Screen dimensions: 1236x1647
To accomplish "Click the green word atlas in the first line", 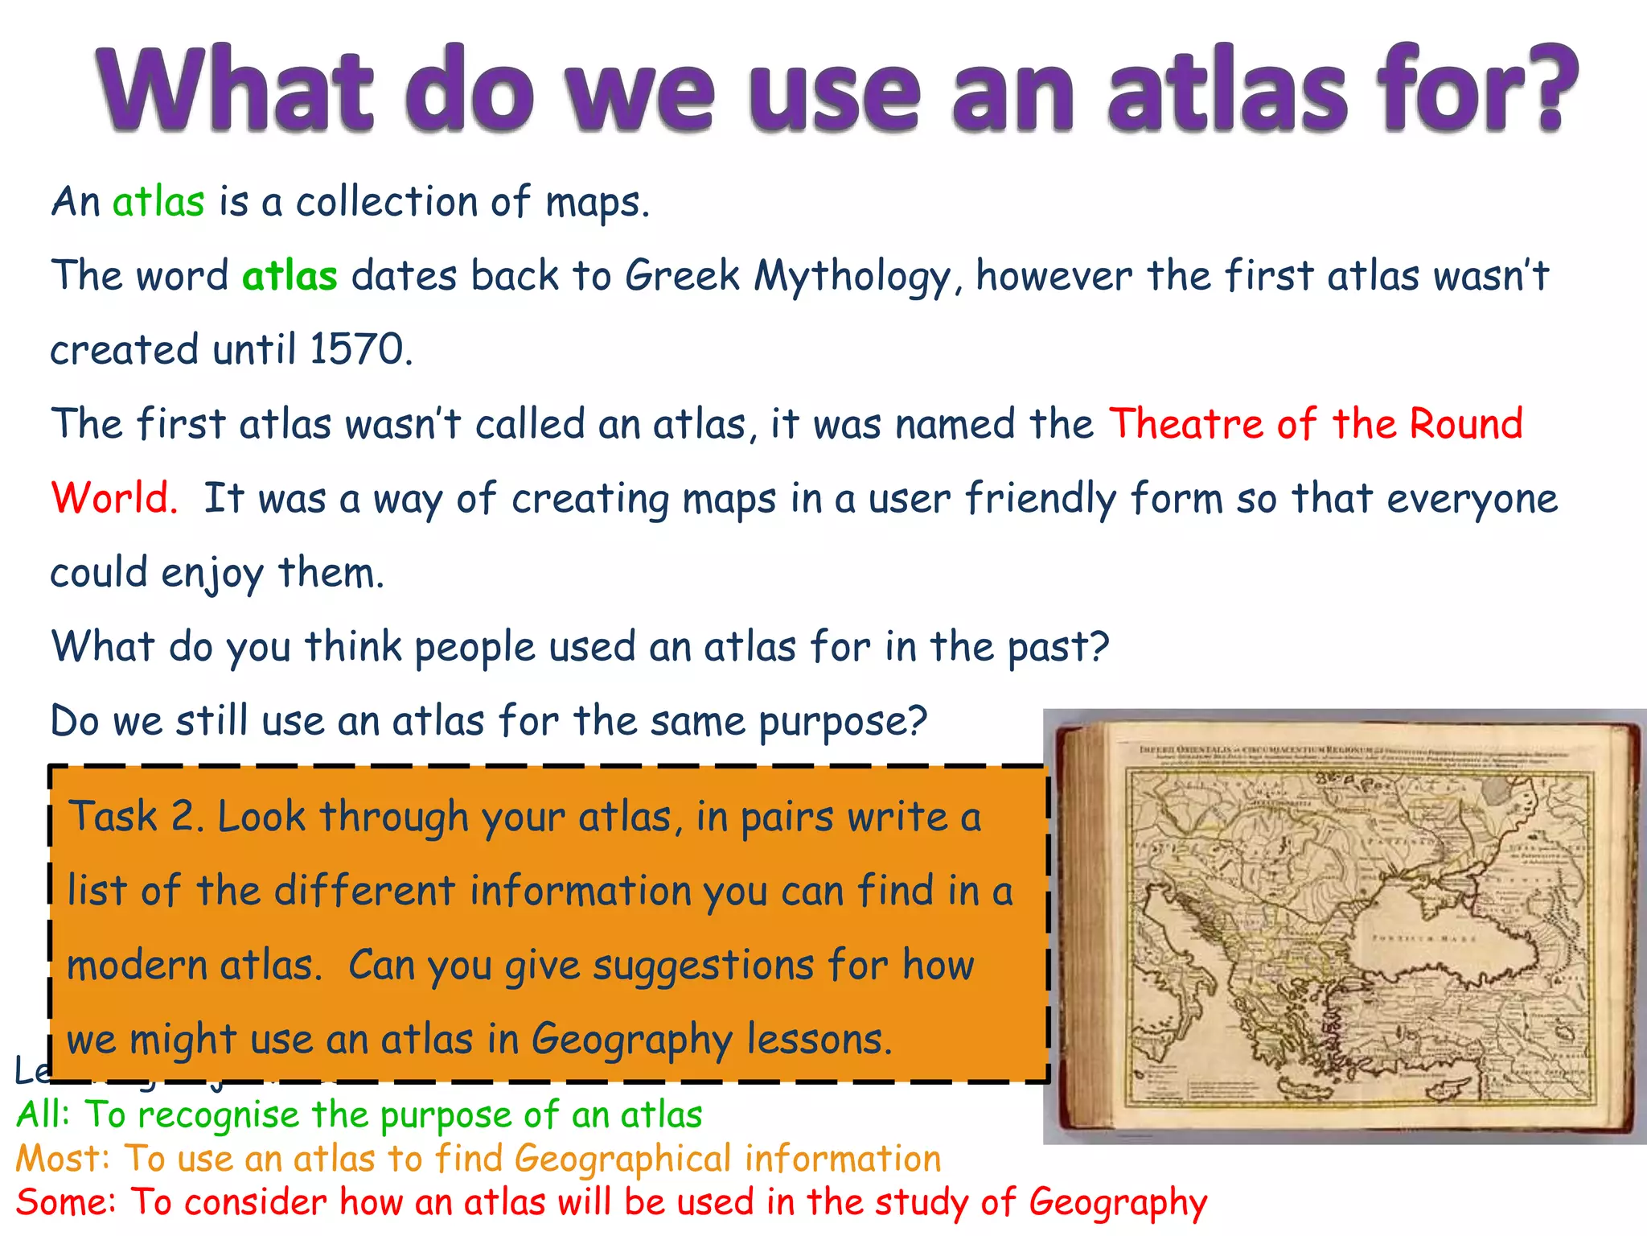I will pos(158,201).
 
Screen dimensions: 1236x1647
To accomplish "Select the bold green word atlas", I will pos(290,276).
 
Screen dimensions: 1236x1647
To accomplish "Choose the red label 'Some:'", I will pos(66,1202).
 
